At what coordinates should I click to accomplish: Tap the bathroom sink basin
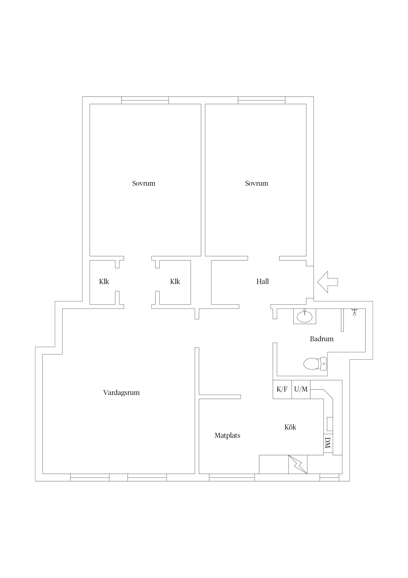coord(305,317)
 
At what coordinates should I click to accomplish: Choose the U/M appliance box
coord(301,390)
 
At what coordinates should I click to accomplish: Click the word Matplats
coord(227,435)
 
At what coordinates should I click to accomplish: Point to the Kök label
coord(290,427)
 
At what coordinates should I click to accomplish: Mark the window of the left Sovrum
coord(145,100)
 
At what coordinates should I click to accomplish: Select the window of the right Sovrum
coord(262,100)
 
